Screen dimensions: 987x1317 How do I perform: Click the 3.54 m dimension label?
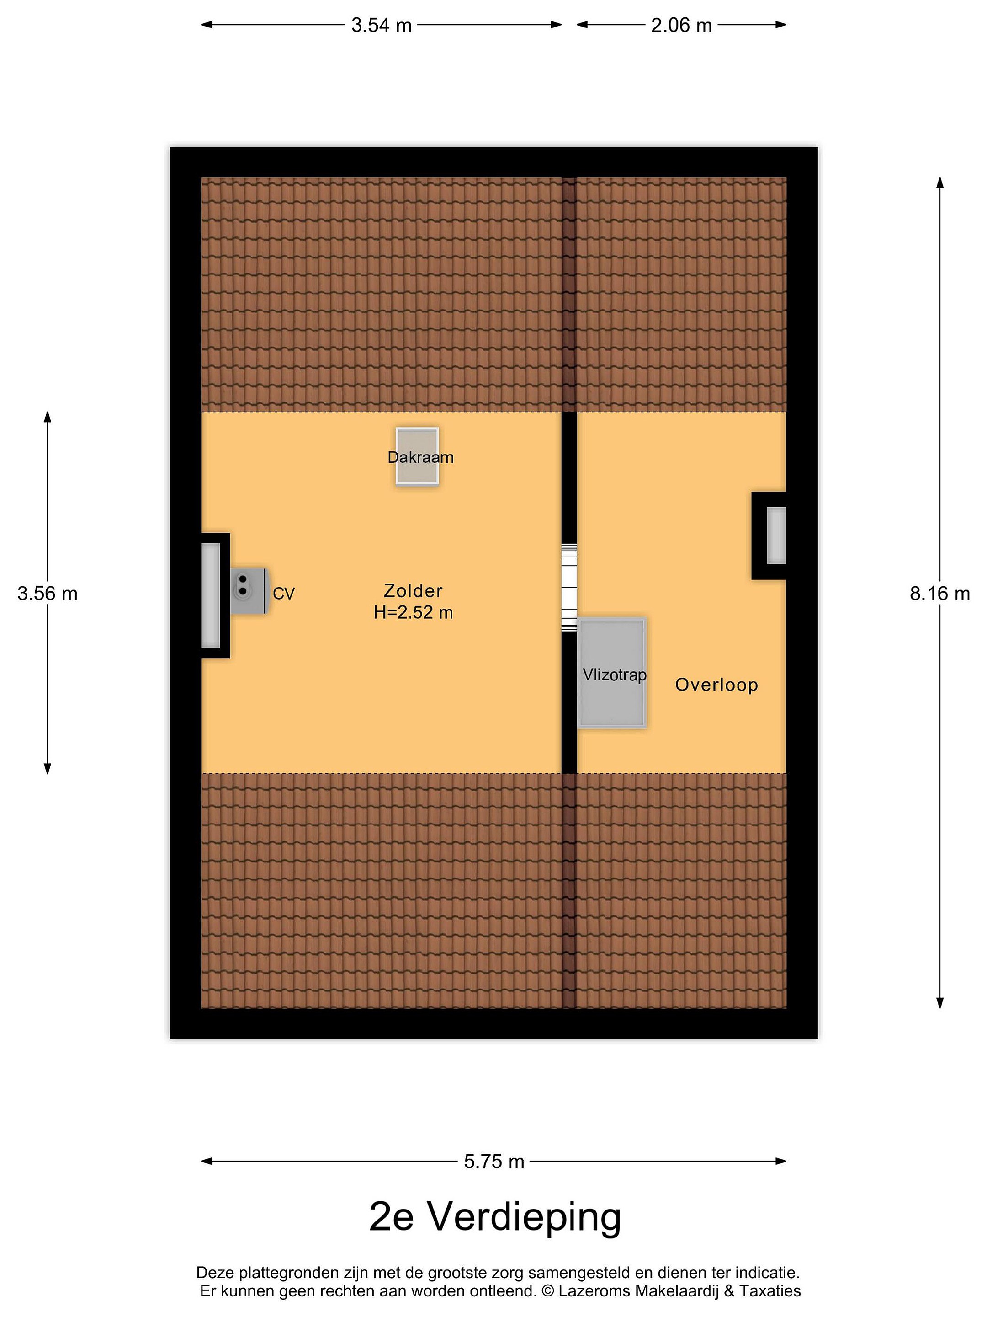(382, 25)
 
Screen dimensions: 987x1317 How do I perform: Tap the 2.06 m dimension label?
(681, 25)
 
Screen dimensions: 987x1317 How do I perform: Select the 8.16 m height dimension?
(939, 594)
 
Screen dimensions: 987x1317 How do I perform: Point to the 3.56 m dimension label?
(48, 594)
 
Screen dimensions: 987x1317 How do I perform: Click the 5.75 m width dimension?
(494, 1161)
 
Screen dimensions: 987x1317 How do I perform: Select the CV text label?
(284, 594)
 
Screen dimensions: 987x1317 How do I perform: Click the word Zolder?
(413, 591)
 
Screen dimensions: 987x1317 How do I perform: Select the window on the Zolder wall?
(211, 595)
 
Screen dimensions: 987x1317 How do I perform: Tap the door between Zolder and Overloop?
(569, 587)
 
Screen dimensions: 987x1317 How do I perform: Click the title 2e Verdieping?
(495, 1216)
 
